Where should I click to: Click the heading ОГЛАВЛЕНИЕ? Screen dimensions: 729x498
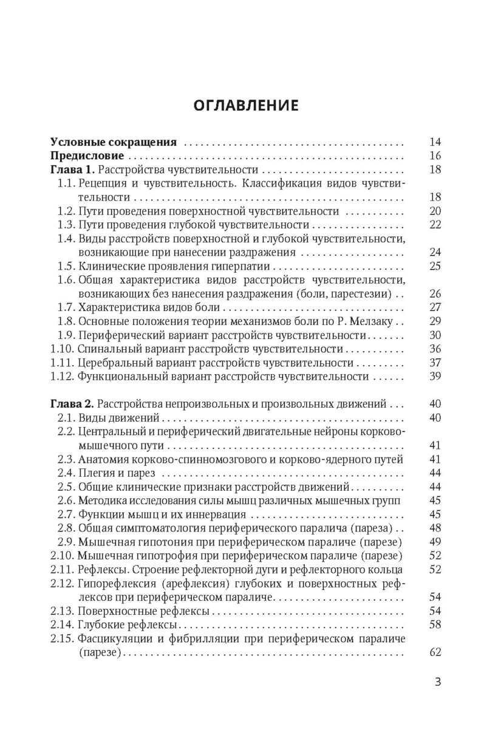[246, 106]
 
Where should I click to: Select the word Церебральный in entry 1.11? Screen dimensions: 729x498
[111, 363]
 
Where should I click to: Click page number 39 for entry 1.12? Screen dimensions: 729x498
[434, 377]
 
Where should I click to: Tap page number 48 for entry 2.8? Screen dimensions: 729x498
[434, 527]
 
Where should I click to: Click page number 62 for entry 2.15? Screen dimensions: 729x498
[434, 653]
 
